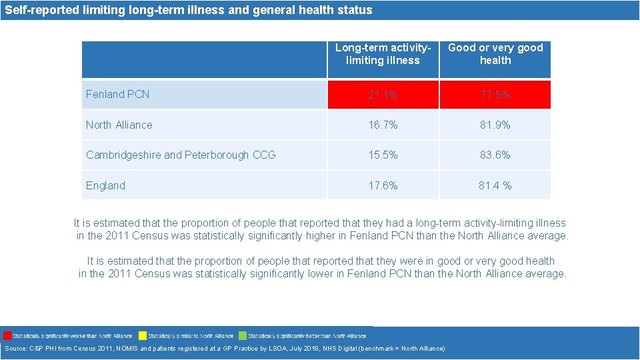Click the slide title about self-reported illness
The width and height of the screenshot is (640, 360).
pos(189,10)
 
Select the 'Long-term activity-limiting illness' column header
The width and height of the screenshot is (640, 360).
pos(383,54)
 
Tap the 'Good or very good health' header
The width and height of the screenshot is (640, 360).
pos(495,54)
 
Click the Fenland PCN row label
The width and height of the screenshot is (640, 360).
pos(118,94)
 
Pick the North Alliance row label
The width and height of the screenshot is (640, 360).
pos(119,125)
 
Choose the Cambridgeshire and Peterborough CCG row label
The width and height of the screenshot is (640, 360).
pos(181,155)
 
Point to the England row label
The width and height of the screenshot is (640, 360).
pos(105,185)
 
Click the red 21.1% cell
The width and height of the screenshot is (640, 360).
pos(383,95)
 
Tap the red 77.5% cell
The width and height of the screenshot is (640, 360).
pos(495,95)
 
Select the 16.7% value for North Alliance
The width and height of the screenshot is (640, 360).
pos(383,125)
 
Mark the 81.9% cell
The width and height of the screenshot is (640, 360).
pos(495,125)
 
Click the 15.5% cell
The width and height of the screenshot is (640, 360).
pos(383,155)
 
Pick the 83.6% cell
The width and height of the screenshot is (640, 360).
pos(495,155)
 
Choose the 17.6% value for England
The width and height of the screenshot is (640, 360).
pos(383,185)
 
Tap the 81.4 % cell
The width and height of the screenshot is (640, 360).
pos(495,185)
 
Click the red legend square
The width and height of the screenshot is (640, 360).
pos(7,335)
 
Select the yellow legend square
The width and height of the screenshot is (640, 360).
pos(142,335)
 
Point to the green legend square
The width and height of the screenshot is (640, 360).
pos(243,335)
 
